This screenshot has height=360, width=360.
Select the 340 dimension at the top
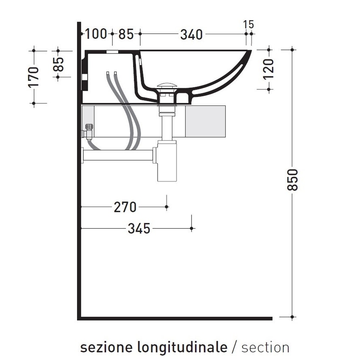coord(191,34)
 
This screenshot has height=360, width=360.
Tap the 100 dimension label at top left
coord(96,34)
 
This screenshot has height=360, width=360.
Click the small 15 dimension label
coord(249,24)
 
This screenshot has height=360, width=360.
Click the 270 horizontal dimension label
coord(125,207)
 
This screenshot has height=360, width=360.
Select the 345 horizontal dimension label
coord(139,229)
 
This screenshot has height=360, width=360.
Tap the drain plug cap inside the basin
coord(166,86)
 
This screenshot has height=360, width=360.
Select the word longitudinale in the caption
coord(182,348)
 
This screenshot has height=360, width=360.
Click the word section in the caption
coord(266,348)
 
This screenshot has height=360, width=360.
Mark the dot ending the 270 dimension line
coord(167,207)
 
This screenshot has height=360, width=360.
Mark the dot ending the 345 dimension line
coord(192,228)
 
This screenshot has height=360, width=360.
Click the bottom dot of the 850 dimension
coord(293,317)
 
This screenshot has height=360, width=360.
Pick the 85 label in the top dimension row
coord(126,34)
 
